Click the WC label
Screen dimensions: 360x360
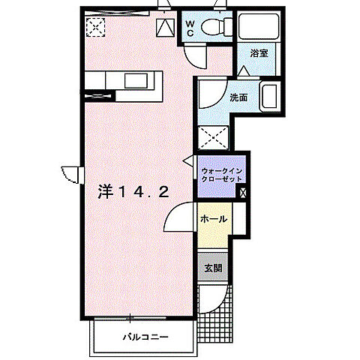tap(190, 28)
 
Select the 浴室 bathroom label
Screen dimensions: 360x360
tap(259, 53)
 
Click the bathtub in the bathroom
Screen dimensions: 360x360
tap(259, 26)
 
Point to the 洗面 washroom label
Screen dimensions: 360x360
tap(238, 97)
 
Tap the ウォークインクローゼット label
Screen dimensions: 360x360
tap(222, 175)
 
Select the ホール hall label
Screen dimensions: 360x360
tap(214, 219)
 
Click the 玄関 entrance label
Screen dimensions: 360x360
tap(213, 268)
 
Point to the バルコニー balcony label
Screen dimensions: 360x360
tap(145, 337)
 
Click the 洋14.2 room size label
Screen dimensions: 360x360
tap(133, 193)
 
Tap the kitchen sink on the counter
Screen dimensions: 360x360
tap(136, 81)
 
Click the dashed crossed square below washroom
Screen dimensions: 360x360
tap(213, 138)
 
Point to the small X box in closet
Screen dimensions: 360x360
tap(243, 193)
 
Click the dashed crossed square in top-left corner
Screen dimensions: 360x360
tap(95, 27)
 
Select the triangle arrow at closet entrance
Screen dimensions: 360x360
tap(188, 160)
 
